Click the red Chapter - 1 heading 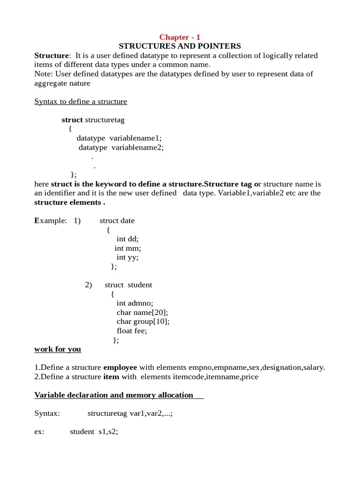pos(180,37)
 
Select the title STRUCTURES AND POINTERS pos(180,46)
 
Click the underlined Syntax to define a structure pos(81,101)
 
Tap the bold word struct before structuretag pos(72,120)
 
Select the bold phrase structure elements pos(68,202)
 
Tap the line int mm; pos(127,248)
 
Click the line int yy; pos(127,257)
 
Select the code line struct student pos(128,285)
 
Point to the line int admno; pos(135,303)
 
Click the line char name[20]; pos(142,312)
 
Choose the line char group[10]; pos(143,322)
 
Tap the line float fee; pos(132,330)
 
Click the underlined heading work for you pos(58,349)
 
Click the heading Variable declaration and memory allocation pos(114,395)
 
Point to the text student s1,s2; pos(94,432)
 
